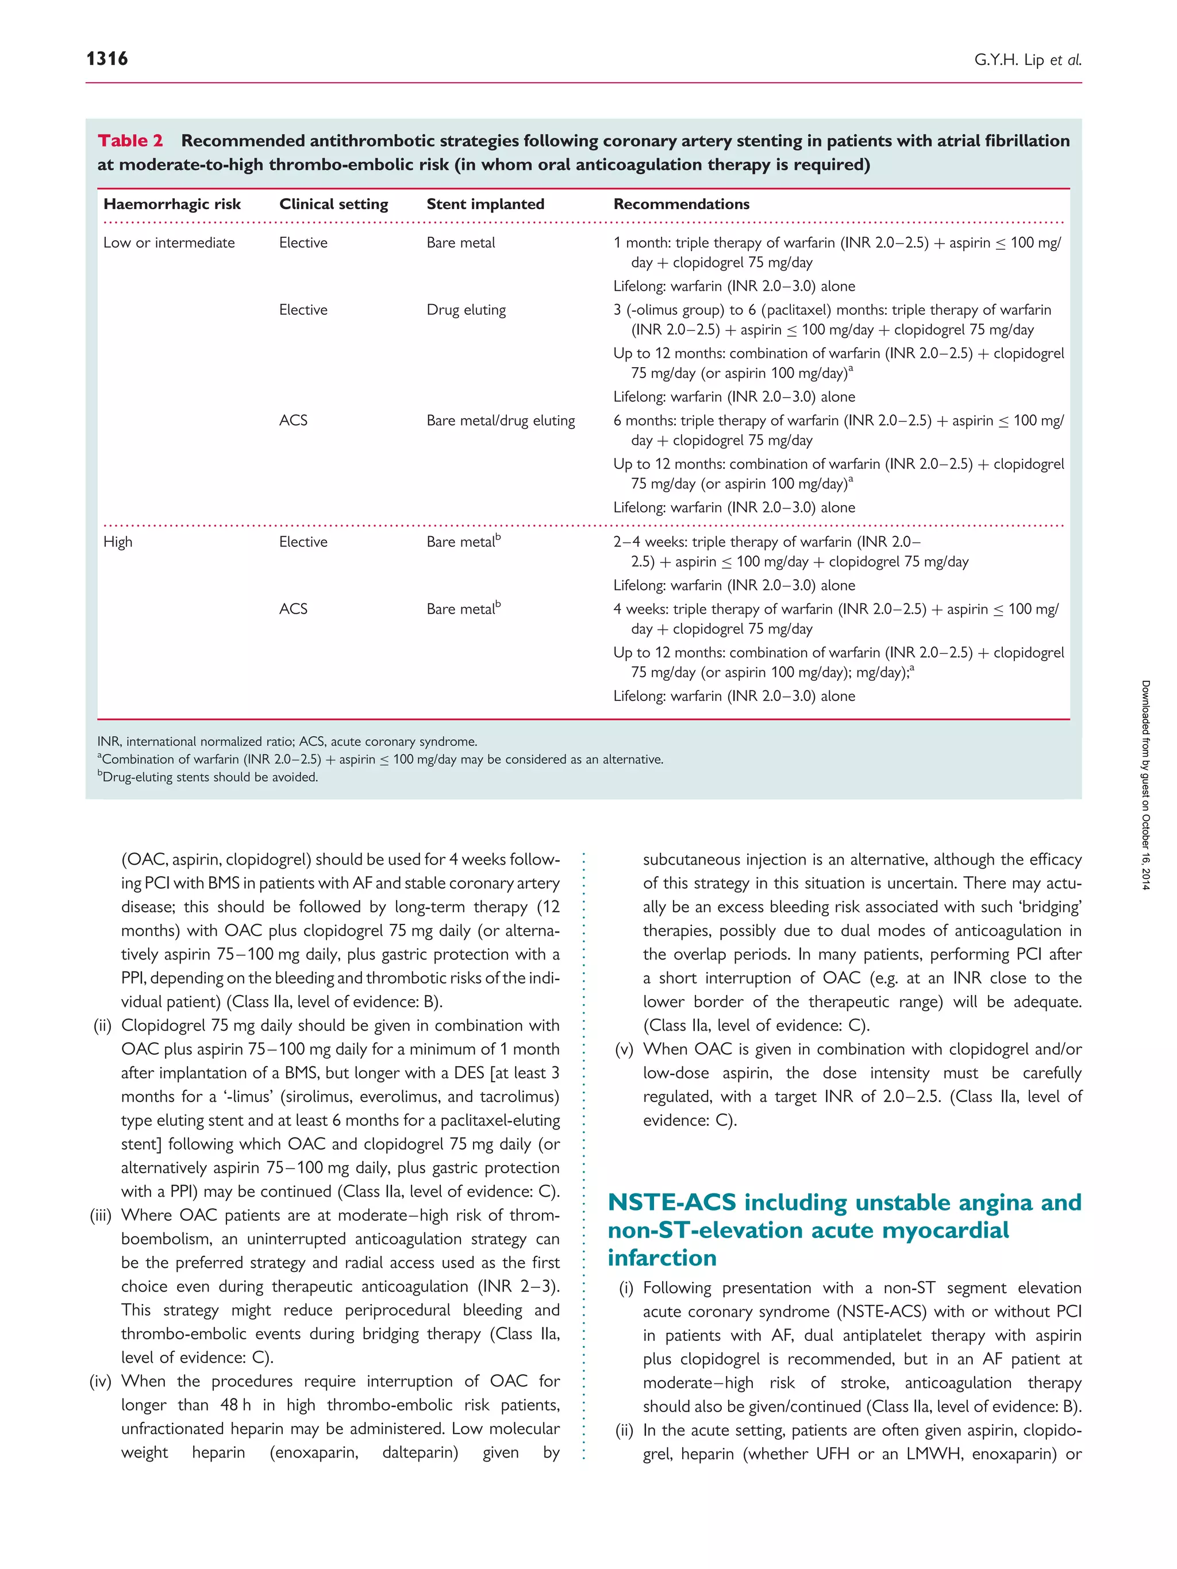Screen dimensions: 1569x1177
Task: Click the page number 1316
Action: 107,59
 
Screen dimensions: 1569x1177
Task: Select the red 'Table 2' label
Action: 130,141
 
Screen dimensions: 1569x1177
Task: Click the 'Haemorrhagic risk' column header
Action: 172,205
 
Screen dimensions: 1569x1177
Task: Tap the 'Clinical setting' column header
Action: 333,205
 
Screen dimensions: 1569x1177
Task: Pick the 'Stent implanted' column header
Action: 485,205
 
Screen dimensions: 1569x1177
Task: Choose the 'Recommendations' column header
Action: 681,205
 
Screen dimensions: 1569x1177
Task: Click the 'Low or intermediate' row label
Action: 169,242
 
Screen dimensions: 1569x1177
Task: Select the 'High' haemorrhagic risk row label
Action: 118,542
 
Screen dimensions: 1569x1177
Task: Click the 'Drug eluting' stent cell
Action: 466,310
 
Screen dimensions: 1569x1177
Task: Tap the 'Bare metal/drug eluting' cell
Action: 500,421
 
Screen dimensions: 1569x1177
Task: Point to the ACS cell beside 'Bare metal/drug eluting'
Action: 293,421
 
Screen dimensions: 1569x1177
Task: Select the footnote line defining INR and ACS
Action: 287,741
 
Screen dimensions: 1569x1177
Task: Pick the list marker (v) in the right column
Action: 624,1049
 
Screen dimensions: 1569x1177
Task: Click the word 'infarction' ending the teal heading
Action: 662,1258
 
